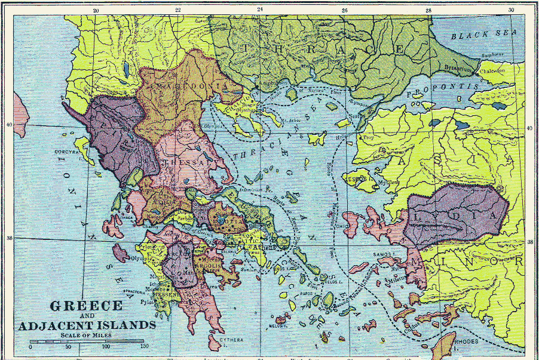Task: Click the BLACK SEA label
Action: click(x=478, y=36)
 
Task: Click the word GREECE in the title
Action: click(x=86, y=306)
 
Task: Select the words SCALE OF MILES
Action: click(x=87, y=334)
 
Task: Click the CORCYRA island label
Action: click(x=67, y=152)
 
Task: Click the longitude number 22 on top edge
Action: click(x=178, y=10)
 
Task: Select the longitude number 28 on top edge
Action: click(x=428, y=10)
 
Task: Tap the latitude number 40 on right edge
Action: click(x=529, y=129)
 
